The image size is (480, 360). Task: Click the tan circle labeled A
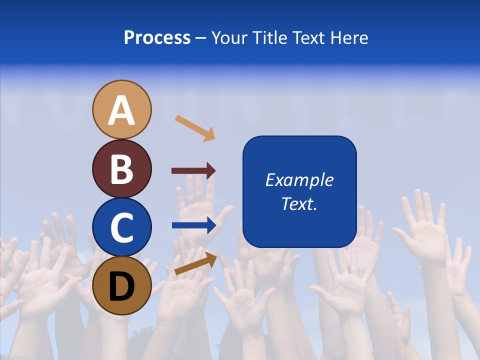click(x=122, y=109)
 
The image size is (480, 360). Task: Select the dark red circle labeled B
click(x=122, y=168)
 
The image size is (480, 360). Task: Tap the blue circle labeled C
click(x=122, y=227)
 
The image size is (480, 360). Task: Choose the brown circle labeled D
click(x=122, y=286)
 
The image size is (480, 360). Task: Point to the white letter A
click(x=122, y=110)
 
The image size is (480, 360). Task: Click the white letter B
click(x=122, y=169)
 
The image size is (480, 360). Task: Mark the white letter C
click(x=122, y=228)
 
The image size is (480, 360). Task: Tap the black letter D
click(x=122, y=287)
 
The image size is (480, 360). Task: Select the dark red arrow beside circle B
click(x=193, y=171)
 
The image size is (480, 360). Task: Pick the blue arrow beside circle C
click(x=194, y=225)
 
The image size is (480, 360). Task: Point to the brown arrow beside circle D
click(x=195, y=263)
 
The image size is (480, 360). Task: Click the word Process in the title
click(x=157, y=38)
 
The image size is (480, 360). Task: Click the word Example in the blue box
click(x=299, y=180)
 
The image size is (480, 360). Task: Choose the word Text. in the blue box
click(x=299, y=203)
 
